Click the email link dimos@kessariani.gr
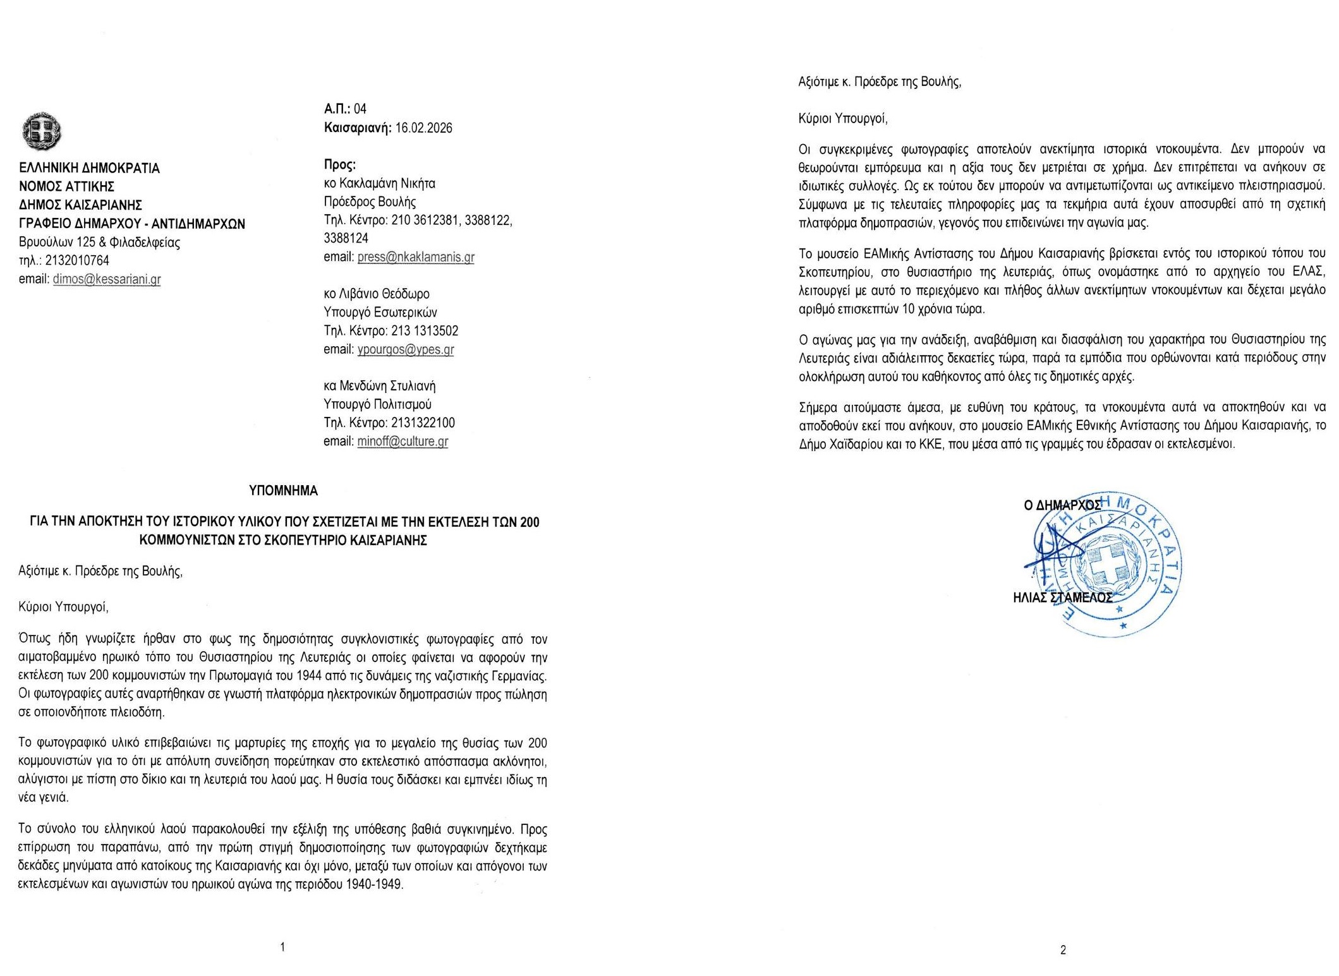click(106, 279)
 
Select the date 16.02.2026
click(423, 128)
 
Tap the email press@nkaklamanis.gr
click(415, 257)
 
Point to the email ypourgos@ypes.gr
click(405, 349)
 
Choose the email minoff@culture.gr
click(403, 442)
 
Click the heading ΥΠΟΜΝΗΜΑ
click(283, 491)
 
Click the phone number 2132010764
click(77, 260)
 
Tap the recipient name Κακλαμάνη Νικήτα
click(387, 184)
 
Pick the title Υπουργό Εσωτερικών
click(380, 313)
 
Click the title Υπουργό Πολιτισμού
click(377, 405)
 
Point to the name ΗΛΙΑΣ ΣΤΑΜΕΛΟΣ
click(1062, 598)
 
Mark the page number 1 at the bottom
click(282, 946)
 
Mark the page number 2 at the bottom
click(1063, 949)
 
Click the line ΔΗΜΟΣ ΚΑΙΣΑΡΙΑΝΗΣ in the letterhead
click(80, 205)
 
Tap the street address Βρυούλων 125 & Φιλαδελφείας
click(99, 243)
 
